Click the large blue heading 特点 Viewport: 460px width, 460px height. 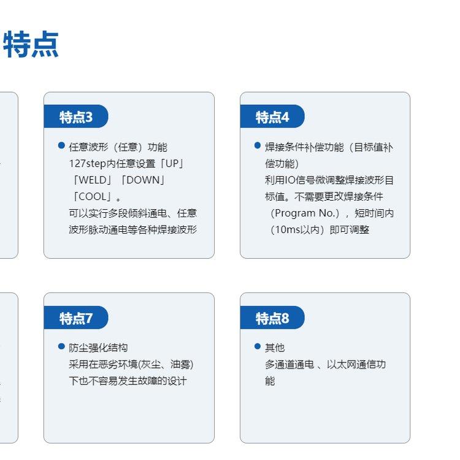pos(31,44)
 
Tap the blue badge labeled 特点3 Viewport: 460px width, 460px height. pos(76,116)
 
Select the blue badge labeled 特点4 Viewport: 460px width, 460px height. pos(272,116)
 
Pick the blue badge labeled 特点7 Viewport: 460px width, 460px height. pos(76,318)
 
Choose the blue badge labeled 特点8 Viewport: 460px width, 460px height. pos(272,318)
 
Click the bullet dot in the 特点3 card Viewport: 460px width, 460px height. pos(61,145)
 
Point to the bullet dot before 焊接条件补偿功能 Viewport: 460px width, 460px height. pos(258,145)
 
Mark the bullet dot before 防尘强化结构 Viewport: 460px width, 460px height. pos(61,347)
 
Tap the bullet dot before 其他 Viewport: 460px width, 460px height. pos(258,347)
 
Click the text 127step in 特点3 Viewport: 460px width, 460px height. pos(88,164)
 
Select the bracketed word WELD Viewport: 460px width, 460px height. pos(93,180)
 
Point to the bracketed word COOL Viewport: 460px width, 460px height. pos(93,196)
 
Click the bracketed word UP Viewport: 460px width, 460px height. pos(172,163)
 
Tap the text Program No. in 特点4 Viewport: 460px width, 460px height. pos(305,213)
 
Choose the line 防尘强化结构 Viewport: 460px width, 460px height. pos(98,348)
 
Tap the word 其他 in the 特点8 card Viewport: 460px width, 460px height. pos(275,348)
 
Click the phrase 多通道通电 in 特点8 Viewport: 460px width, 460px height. pos(289,364)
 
